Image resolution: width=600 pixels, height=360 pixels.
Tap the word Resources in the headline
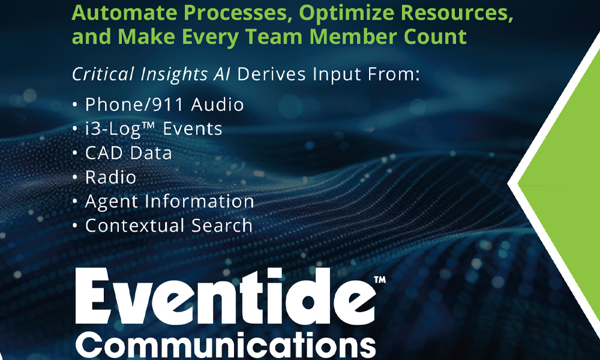coord(455,14)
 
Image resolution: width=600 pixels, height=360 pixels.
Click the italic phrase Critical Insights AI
coord(151,74)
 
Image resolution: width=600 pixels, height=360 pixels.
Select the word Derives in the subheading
coord(271,74)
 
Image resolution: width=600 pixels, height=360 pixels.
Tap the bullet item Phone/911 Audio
coord(164,104)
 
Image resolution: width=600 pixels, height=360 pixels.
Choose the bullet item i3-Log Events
coord(154,129)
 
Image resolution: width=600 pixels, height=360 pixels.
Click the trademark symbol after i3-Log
coord(150,124)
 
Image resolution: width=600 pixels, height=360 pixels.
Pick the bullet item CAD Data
coord(128,153)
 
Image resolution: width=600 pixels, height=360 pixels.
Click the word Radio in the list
coord(110,177)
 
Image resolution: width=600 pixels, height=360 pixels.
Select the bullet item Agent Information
coord(170,202)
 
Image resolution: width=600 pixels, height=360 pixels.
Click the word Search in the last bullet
coord(222,226)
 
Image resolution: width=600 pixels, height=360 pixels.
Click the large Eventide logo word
coord(225,296)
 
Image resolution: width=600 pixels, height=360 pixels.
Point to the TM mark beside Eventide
coord(380,280)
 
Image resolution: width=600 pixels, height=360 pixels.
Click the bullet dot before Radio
coord(75,177)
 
